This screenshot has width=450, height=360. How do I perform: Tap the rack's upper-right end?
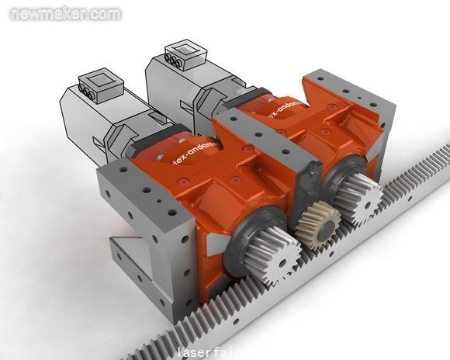point(434,160)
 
